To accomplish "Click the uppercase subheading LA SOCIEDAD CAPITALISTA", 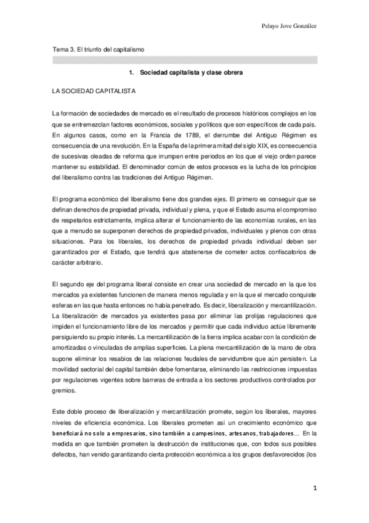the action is pos(95,91).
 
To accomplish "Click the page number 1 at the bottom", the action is pos(314,490).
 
